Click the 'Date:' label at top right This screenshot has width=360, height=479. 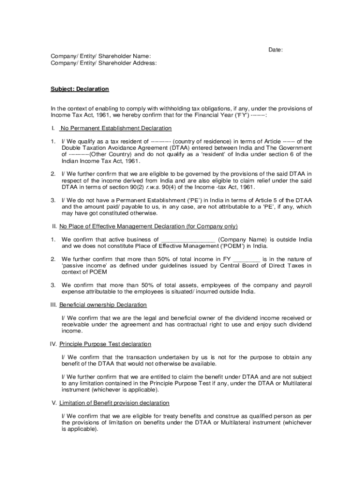tap(275, 50)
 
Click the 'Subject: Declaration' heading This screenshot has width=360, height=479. tap(79, 89)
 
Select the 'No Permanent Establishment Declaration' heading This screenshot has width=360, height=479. tap(116, 128)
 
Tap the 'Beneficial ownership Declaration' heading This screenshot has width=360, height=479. tap(103, 305)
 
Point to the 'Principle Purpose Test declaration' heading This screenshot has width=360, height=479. tap(105, 344)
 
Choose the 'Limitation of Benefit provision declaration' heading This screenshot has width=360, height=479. tap(114, 403)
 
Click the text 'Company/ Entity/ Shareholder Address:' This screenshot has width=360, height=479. tap(104, 63)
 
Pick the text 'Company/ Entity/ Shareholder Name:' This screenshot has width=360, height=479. tap(101, 56)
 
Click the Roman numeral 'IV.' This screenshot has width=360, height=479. tap(54, 344)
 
